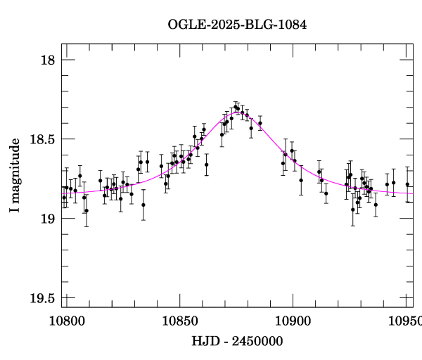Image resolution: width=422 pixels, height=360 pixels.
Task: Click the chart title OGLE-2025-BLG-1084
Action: click(x=237, y=25)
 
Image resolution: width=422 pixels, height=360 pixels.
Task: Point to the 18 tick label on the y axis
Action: click(x=46, y=60)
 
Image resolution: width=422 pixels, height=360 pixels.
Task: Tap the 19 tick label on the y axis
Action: click(x=46, y=219)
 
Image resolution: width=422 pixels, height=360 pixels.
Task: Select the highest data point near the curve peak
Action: click(x=236, y=107)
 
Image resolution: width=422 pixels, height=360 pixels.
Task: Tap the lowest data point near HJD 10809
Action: click(x=87, y=210)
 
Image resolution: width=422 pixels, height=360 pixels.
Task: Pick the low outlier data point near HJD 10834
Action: click(x=143, y=205)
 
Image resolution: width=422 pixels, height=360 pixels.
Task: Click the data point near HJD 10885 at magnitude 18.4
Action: click(x=260, y=123)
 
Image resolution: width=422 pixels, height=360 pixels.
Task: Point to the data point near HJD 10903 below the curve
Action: click(x=301, y=180)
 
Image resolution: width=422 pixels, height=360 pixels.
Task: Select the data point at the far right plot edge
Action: click(x=407, y=184)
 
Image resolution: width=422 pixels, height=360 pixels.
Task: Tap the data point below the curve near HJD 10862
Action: click(x=206, y=165)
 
